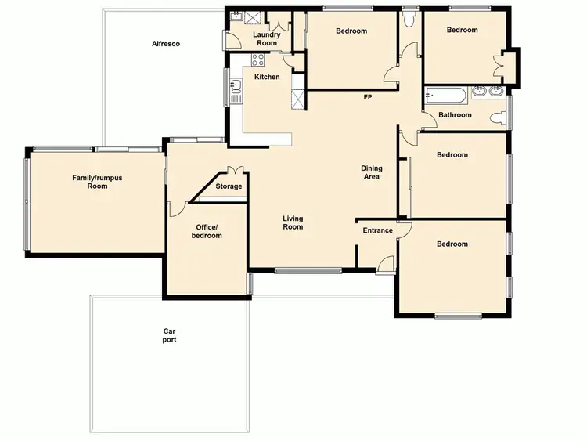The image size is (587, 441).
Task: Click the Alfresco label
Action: click(166, 44)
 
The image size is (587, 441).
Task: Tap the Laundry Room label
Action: click(266, 39)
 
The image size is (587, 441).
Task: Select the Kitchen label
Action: click(267, 77)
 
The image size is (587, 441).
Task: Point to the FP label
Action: click(367, 98)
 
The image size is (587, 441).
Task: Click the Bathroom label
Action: click(455, 115)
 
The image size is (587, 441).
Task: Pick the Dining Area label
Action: click(371, 172)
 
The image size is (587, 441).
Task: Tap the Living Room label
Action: click(293, 222)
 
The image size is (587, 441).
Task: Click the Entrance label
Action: click(377, 230)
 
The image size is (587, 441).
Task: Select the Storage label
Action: click(229, 186)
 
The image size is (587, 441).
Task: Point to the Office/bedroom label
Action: click(207, 231)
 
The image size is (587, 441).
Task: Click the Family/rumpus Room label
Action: click(97, 182)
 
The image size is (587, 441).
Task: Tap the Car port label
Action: click(169, 335)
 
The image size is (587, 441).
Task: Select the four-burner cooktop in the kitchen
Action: click(258, 60)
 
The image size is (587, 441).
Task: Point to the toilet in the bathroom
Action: click(496, 118)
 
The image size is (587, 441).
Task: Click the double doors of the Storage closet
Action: click(235, 170)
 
